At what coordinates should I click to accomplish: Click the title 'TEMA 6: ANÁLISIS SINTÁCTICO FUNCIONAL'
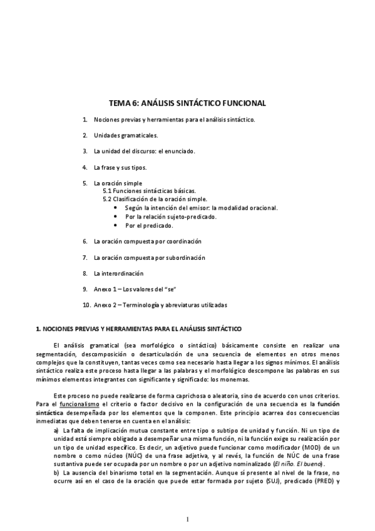tap(187, 102)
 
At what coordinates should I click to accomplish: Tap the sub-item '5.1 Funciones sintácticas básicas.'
tap(150, 191)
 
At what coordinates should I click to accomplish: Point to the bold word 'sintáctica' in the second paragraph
tap(49, 413)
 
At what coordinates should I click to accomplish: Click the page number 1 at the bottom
tap(187, 519)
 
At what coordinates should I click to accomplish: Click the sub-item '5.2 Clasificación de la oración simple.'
tap(155, 199)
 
